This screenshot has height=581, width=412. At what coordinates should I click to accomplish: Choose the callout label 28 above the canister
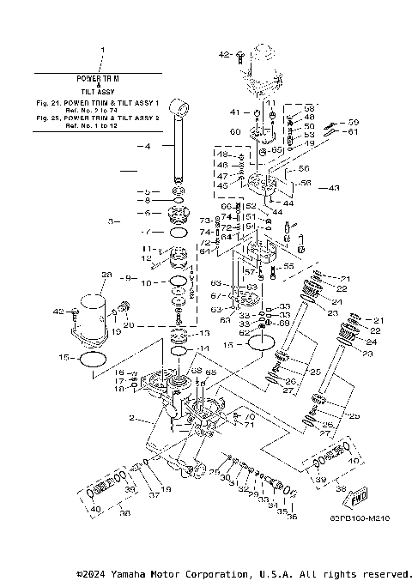107,275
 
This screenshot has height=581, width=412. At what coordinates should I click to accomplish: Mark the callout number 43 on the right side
334,187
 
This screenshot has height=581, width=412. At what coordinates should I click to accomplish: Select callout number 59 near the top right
354,122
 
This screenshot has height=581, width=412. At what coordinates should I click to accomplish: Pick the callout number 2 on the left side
131,418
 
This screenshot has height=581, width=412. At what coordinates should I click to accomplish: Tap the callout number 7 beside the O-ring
147,232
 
